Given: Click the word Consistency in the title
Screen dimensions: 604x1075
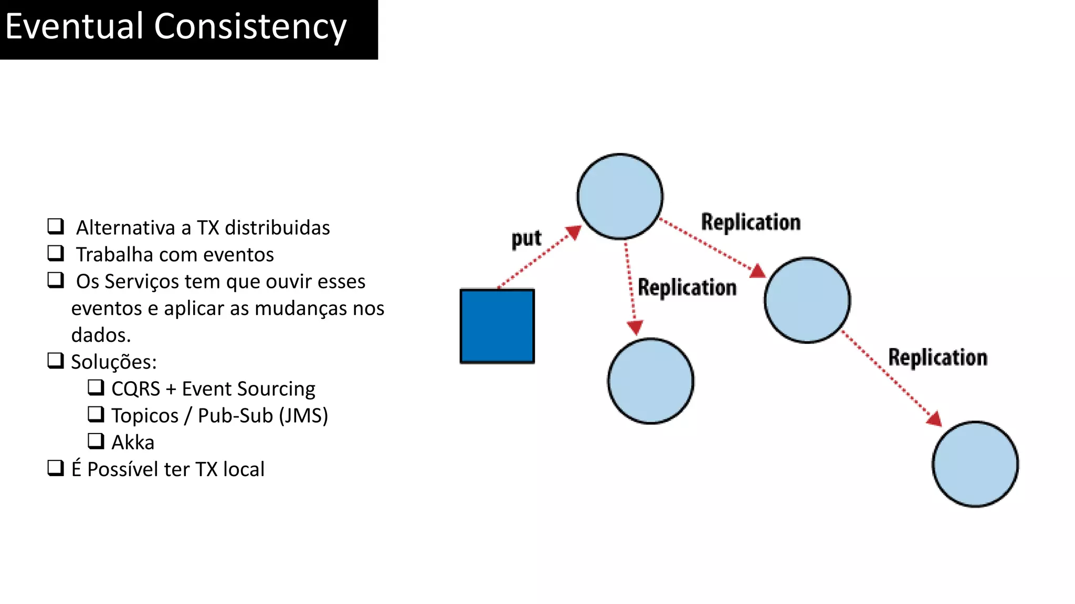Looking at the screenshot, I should (250, 27).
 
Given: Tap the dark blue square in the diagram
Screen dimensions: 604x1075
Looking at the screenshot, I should (497, 326).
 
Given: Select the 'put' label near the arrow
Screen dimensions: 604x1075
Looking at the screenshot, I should (526, 239).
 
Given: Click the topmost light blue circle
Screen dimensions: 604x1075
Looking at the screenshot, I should (620, 197).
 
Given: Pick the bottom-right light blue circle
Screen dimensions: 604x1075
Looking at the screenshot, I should (975, 464).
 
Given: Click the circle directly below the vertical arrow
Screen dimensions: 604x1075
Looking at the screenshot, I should (651, 381).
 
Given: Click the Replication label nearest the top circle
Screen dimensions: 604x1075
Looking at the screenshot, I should (751, 222).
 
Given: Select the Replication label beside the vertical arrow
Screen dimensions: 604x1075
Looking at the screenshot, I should (687, 288).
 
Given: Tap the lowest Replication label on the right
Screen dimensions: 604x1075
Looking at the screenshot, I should (937, 358).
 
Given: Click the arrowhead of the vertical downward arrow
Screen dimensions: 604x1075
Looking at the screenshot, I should (635, 328).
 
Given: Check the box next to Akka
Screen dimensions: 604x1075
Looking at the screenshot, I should (96, 441).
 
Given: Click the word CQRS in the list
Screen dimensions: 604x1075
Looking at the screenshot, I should (135, 389).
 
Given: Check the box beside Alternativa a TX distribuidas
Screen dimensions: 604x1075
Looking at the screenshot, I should (56, 226).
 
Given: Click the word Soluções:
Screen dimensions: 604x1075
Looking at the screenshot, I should (114, 362).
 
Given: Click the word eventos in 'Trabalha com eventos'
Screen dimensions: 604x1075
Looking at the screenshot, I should (238, 255).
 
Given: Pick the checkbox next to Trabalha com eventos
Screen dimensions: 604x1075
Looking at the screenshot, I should (56, 253).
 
